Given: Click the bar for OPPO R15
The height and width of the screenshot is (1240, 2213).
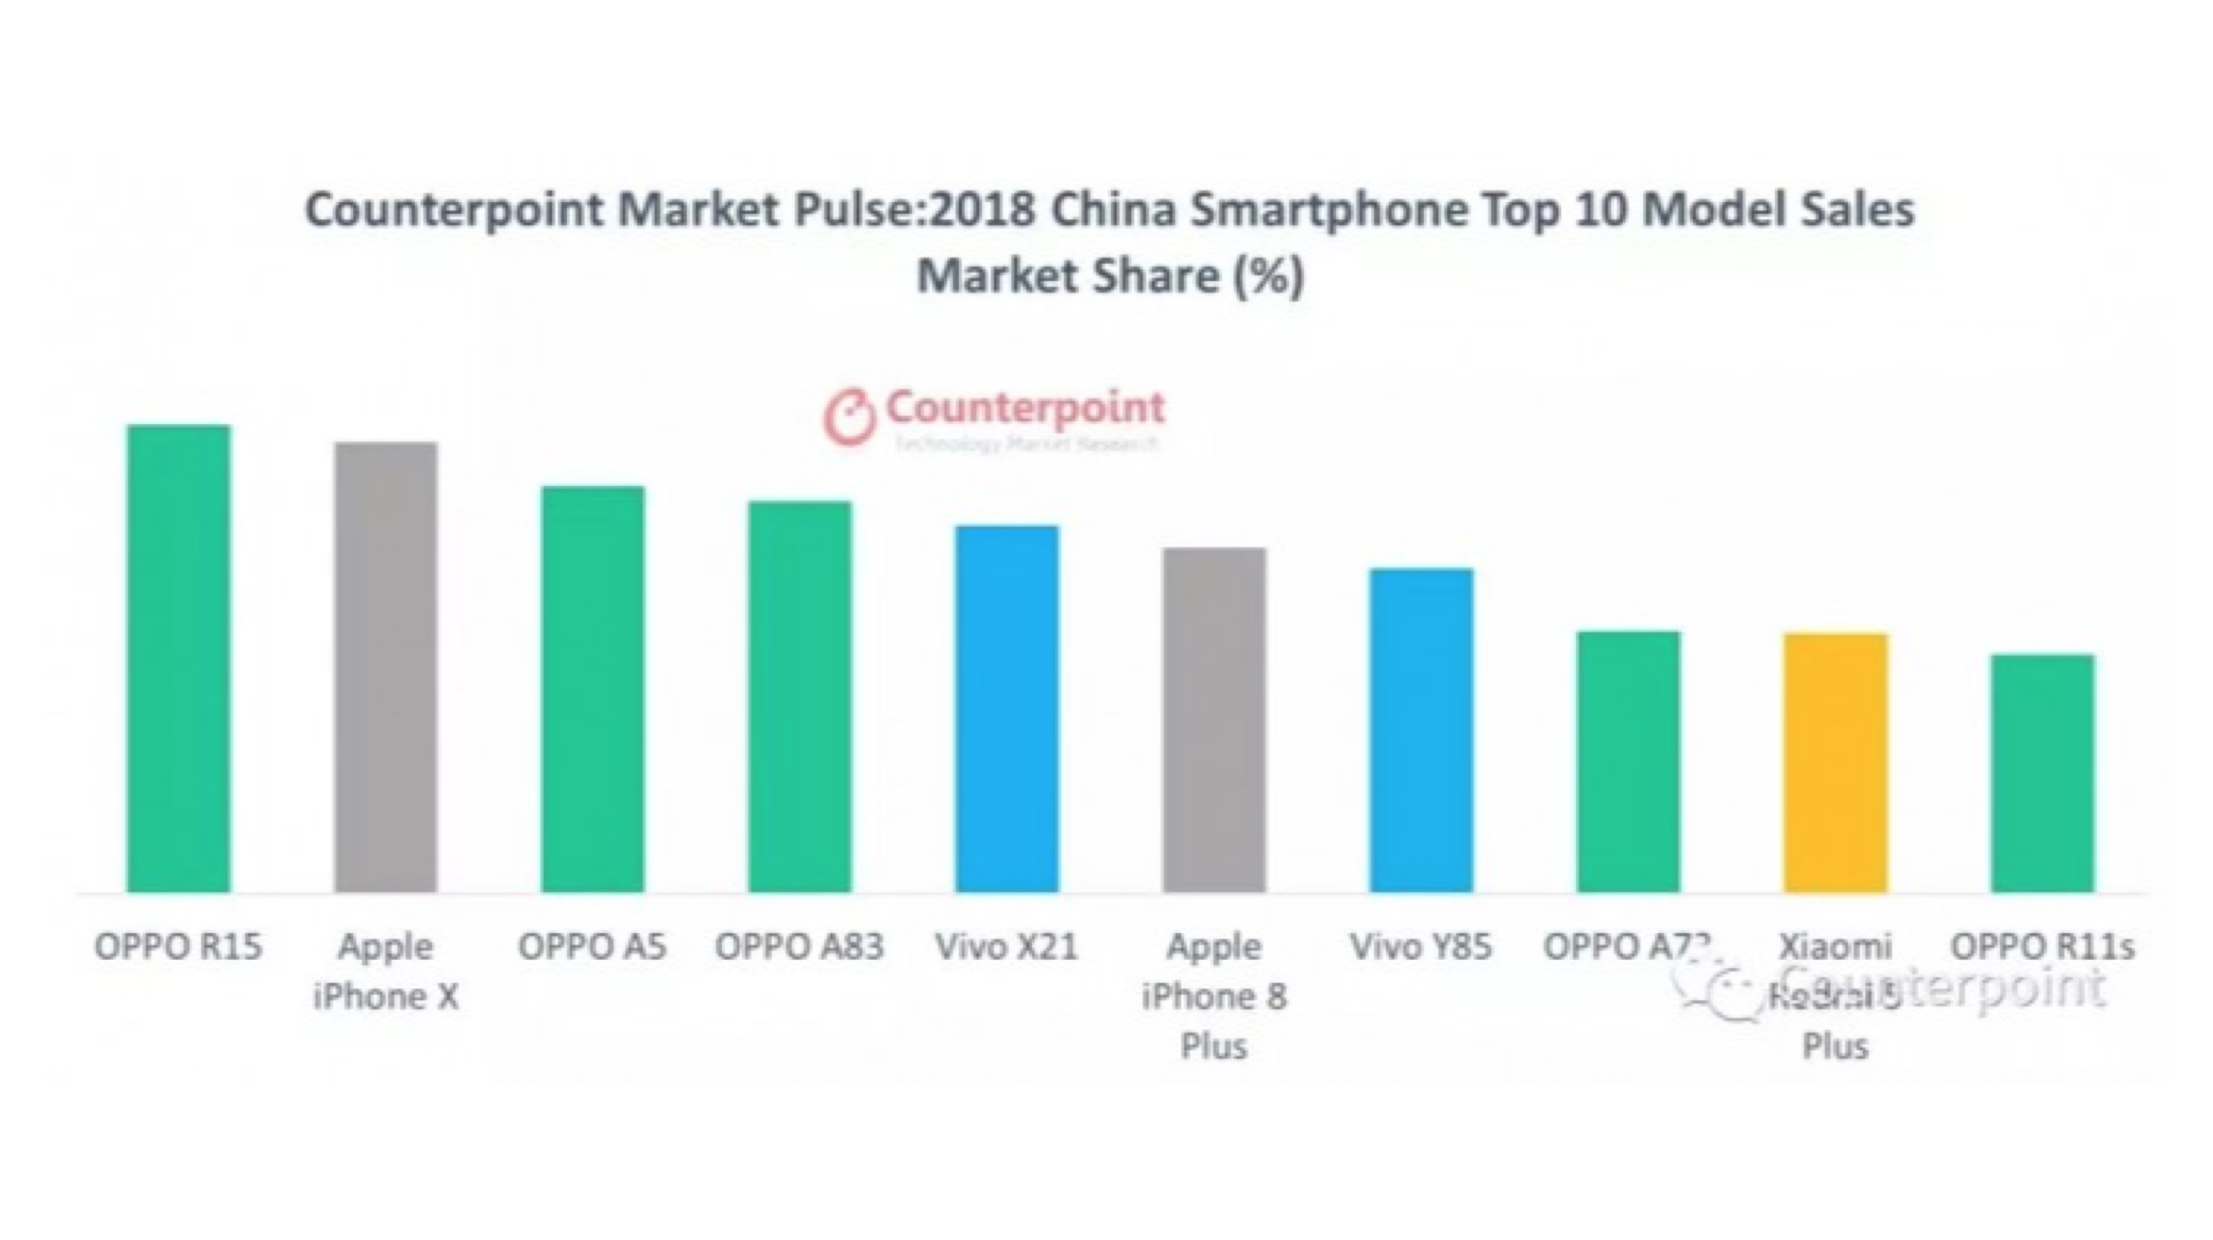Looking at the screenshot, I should point(178,658).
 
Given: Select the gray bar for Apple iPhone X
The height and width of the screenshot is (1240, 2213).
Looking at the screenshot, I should point(385,667).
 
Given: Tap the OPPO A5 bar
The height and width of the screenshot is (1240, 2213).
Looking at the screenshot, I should point(592,689).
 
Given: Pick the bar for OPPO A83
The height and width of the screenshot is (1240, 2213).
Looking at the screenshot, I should point(799,696).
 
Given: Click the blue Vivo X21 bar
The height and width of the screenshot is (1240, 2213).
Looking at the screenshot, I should point(1006,709).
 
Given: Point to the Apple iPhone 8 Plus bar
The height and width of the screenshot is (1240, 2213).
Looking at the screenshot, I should point(1213,720).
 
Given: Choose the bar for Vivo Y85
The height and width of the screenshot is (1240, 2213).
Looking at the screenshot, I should point(1421,730).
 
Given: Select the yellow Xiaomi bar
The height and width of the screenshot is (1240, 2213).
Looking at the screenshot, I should point(1835,762).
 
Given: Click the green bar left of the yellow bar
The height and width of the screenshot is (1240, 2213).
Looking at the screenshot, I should point(1627,762).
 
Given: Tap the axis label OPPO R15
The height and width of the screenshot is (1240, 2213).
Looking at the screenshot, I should point(178,947).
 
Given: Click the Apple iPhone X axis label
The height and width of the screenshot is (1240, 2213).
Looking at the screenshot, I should point(385,971).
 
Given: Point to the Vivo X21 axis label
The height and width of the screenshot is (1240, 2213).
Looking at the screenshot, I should point(1006,947).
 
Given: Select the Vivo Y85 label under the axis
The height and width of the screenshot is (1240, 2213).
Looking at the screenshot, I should point(1420,947).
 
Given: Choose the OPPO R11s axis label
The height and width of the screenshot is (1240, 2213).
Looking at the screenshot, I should point(2042,947).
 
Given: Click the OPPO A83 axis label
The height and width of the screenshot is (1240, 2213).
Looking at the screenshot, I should point(799,947).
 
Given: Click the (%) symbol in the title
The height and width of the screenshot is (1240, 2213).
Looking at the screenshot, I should point(1269,276).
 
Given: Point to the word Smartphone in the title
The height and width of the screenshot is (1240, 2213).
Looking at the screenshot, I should point(1328,210).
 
